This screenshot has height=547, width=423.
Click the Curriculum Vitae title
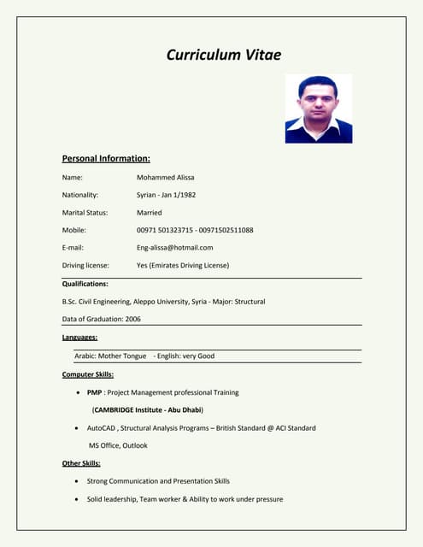click(223, 55)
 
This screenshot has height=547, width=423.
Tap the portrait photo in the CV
click(318, 109)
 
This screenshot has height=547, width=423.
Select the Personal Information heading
click(106, 158)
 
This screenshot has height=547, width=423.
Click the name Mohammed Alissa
click(165, 177)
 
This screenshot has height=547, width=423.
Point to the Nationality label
click(80, 195)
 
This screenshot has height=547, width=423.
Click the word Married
click(149, 213)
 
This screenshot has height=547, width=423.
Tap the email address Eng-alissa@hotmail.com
click(174, 248)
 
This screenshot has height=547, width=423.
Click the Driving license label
click(85, 265)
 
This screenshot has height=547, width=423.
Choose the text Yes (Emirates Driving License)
click(183, 265)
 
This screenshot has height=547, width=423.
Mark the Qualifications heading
click(85, 283)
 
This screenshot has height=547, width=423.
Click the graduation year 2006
click(132, 319)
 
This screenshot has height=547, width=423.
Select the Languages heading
click(79, 338)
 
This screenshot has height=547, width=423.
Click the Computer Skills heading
click(88, 374)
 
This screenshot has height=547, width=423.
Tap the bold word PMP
click(95, 392)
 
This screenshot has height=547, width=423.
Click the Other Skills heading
click(81, 463)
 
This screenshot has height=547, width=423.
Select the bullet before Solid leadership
click(78, 499)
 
